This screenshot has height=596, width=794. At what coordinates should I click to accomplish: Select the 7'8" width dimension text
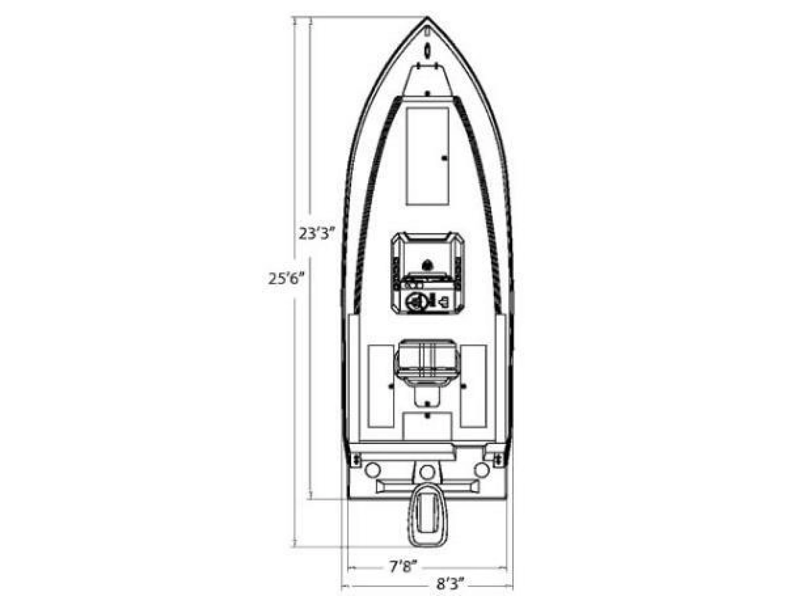click(403, 567)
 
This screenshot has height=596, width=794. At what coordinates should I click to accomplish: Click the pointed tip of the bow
click(427, 17)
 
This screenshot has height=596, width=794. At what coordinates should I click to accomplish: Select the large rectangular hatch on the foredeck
click(427, 156)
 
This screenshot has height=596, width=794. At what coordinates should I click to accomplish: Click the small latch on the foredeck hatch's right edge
click(445, 158)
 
